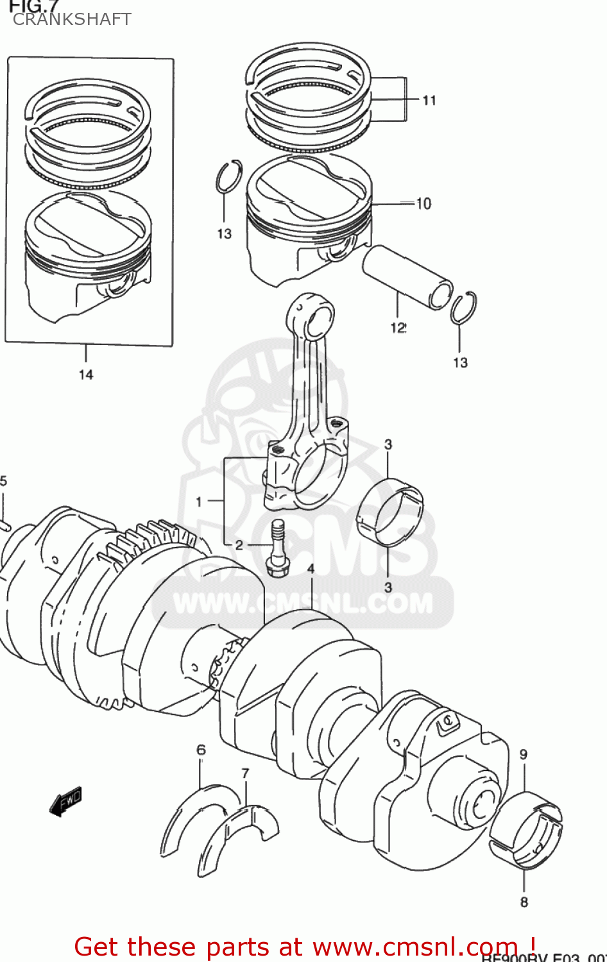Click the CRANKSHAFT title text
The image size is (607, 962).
(72, 19)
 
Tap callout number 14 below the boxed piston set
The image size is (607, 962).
(86, 375)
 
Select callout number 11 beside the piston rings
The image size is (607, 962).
(429, 100)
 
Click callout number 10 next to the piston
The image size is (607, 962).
(423, 204)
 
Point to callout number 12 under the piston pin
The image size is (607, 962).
(398, 328)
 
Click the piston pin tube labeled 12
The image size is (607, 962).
(407, 277)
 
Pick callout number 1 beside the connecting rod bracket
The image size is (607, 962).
(199, 502)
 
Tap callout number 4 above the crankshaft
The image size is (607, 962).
(311, 569)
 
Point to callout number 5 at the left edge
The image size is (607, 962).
(4, 481)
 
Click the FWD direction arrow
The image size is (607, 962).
(65, 801)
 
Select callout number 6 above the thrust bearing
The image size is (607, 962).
(201, 750)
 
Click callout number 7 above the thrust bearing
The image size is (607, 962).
(245, 773)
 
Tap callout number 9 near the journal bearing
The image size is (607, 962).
(523, 754)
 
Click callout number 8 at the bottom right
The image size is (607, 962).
(524, 902)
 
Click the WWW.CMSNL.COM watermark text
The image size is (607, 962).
(303, 604)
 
